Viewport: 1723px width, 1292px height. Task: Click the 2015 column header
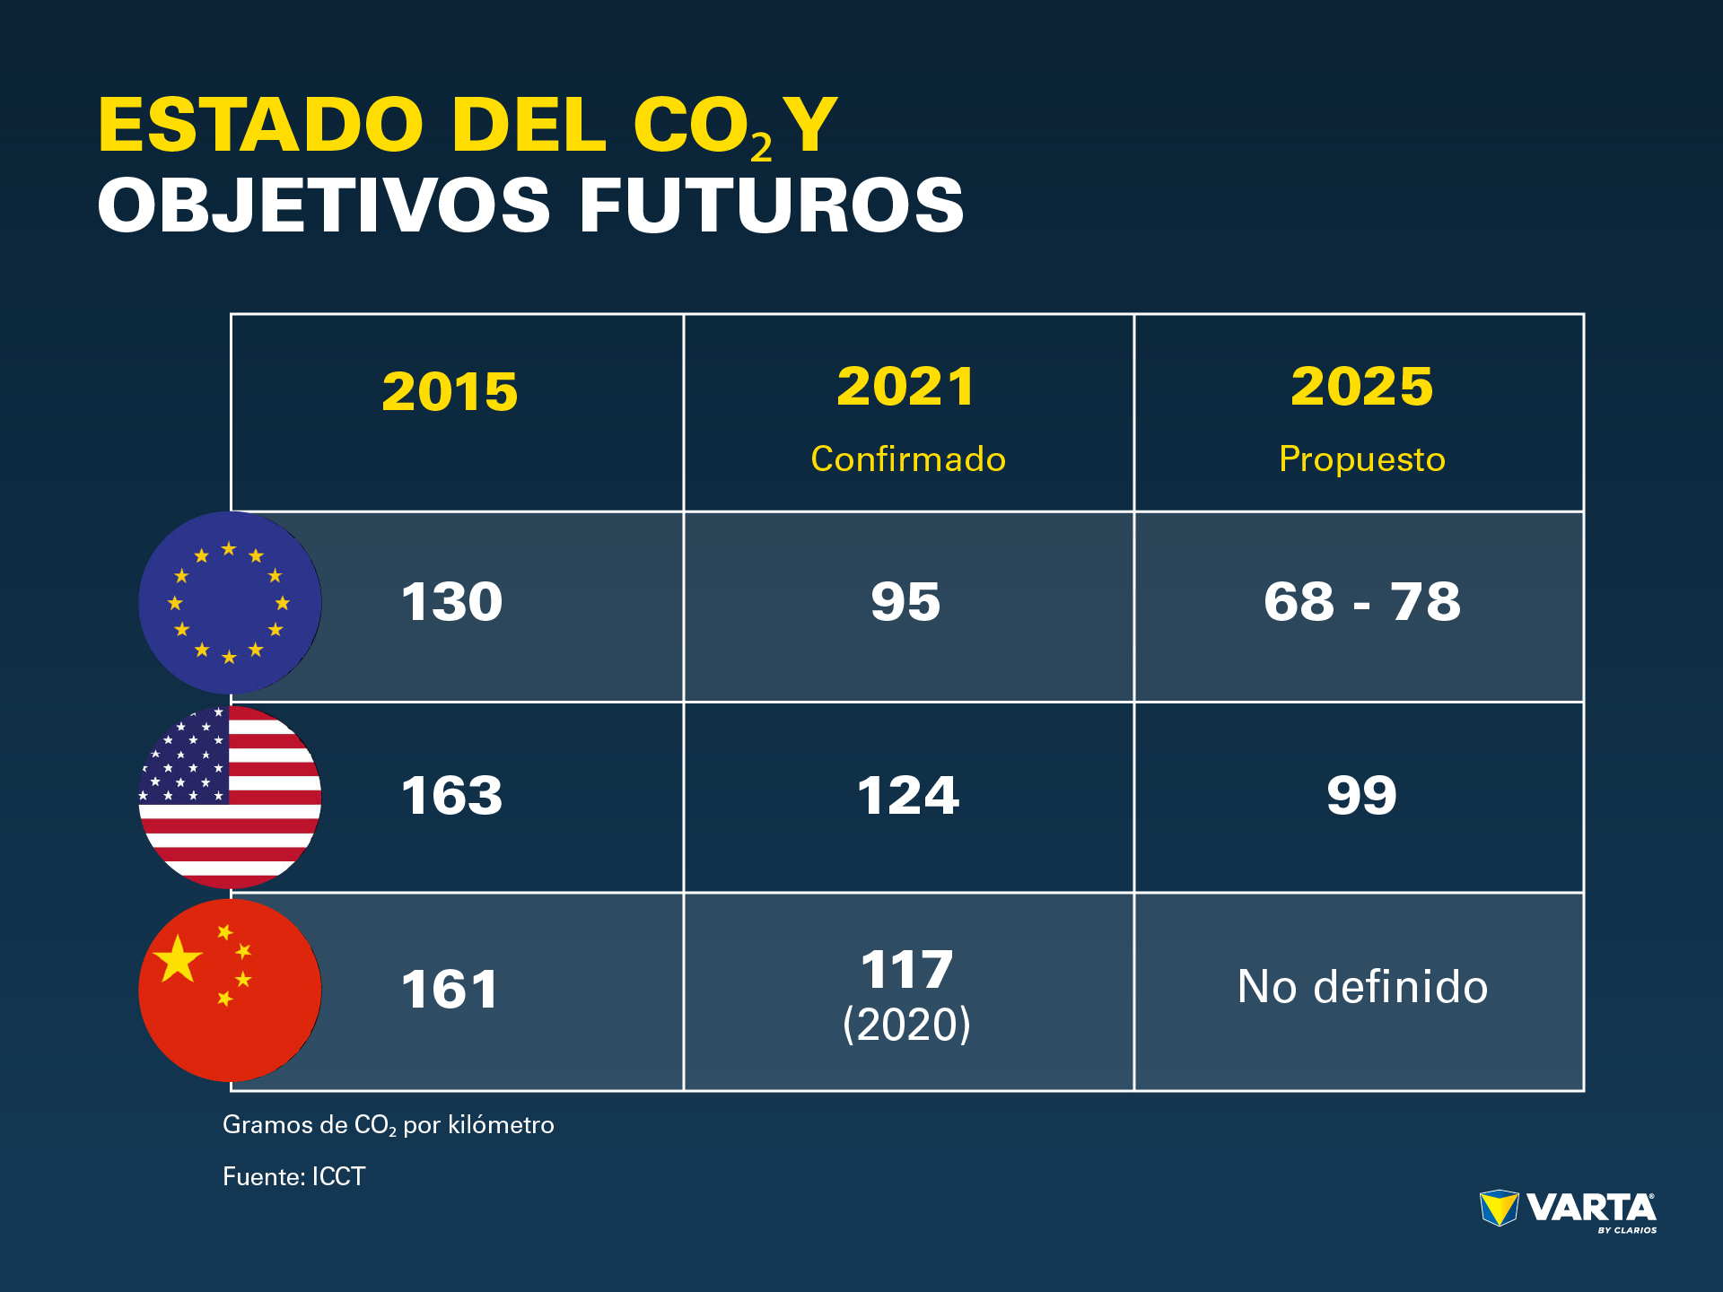click(x=450, y=392)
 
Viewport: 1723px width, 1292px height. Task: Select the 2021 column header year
click(x=905, y=387)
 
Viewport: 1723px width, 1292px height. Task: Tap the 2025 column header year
click(x=1361, y=387)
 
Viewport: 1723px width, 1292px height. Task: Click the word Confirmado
click(x=908, y=459)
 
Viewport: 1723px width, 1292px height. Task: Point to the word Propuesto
click(x=1361, y=459)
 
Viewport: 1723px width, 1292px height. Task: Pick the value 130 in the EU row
click(x=451, y=601)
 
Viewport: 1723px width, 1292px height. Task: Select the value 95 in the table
click(x=905, y=601)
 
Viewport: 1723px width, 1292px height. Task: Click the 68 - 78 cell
click(x=1361, y=601)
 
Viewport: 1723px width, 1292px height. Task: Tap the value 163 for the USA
click(x=451, y=796)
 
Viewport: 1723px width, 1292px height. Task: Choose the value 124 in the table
click(x=908, y=796)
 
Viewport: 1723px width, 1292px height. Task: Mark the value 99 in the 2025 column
click(x=1361, y=796)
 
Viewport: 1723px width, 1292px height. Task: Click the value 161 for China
click(x=450, y=990)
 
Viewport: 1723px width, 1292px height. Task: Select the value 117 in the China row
click(x=906, y=970)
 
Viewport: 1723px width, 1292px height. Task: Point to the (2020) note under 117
click(x=906, y=1025)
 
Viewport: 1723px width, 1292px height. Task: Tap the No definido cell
click(x=1361, y=987)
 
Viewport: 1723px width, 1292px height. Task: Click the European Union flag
click(x=230, y=602)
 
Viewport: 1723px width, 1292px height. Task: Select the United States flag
click(x=230, y=797)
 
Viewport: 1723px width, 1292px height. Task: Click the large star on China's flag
click(x=178, y=958)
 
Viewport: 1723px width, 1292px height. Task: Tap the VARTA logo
click(x=1568, y=1210)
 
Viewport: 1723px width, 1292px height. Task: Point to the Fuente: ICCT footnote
click(x=293, y=1176)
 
